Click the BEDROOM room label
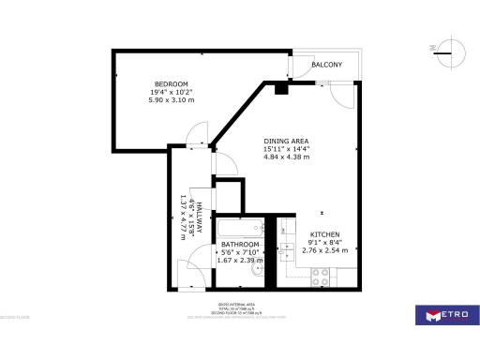tap(172, 84)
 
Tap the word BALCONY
tap(327, 65)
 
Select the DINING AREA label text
tap(287, 140)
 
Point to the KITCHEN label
tap(324, 233)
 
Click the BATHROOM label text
tap(240, 244)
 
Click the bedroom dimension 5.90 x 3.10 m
tap(172, 100)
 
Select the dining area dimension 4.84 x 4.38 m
tap(287, 157)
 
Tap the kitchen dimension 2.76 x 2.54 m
tap(324, 250)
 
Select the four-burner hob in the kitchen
tap(320, 276)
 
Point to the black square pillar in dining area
tap(279, 89)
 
